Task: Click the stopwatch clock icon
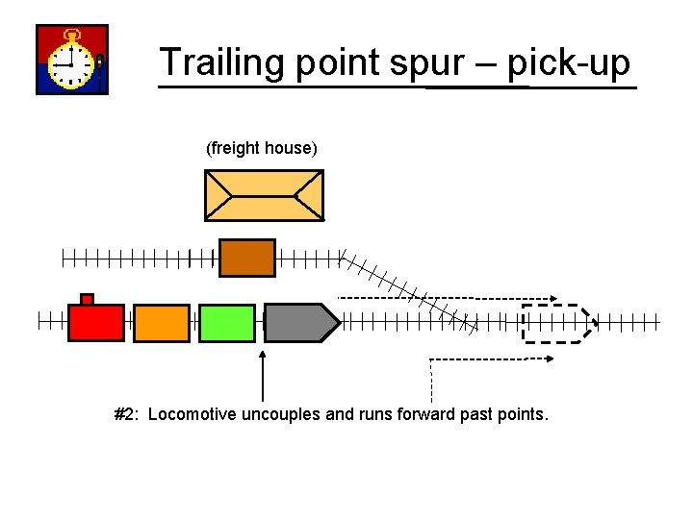point(71,60)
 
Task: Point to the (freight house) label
point(261,148)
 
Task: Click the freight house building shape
point(264,195)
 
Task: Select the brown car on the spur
point(247,258)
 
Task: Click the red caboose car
point(96,323)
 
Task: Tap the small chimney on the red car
point(87,299)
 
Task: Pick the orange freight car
point(162,323)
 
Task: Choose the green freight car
point(227,323)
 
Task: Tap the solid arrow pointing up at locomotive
point(264,375)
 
